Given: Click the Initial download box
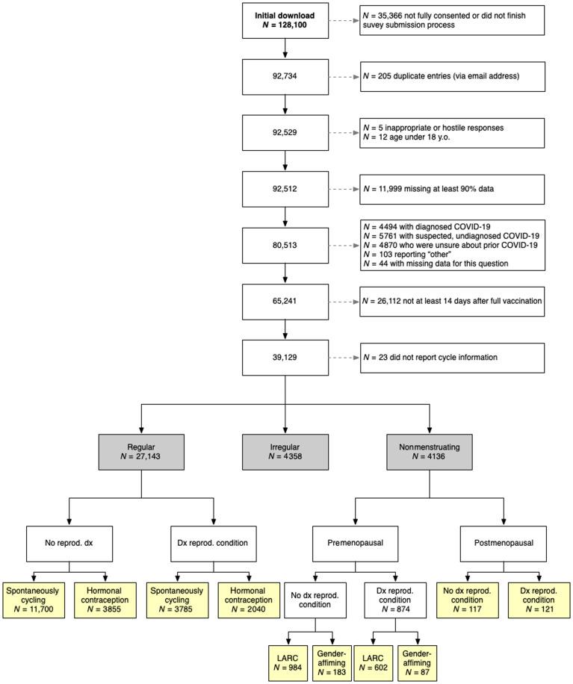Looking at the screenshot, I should point(285,21).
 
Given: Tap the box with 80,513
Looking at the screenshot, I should point(285,245).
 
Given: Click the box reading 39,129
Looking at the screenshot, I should point(285,357).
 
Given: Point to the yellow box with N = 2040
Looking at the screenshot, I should point(250,600).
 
